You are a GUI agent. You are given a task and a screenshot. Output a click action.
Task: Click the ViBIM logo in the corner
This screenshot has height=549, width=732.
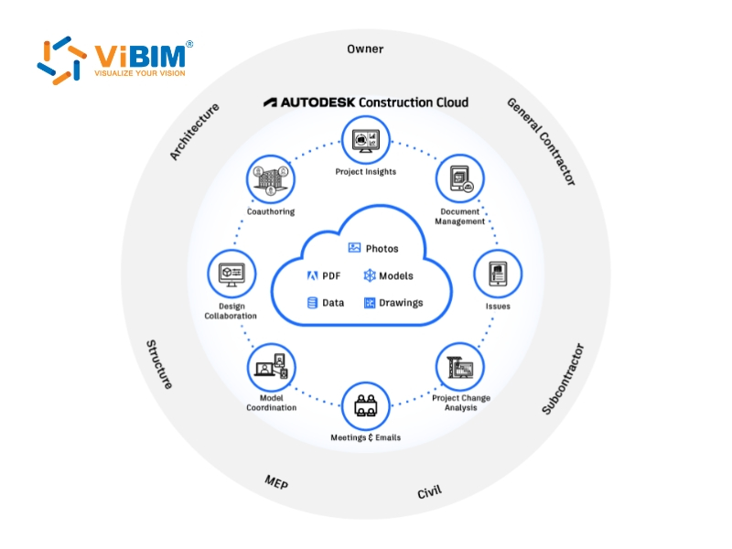point(114,60)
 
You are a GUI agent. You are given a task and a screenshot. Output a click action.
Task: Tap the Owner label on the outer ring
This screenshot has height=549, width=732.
point(365,48)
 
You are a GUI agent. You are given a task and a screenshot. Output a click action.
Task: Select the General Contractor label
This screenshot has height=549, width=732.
point(542,142)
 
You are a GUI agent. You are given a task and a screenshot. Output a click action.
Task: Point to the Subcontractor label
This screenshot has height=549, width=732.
point(562,379)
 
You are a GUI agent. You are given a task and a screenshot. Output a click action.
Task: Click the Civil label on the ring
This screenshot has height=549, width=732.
point(429,492)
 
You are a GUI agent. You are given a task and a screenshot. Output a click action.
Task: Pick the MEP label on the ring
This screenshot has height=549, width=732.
point(276,482)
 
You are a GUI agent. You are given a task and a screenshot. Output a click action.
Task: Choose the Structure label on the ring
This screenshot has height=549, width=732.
point(159,364)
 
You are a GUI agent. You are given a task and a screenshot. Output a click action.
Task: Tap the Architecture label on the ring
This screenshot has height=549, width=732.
point(195,132)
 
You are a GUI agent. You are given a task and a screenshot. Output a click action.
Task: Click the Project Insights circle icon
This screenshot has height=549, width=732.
point(366,140)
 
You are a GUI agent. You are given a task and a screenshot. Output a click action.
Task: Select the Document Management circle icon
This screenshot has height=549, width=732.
point(460,178)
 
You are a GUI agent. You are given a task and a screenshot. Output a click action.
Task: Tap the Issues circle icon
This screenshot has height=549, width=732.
point(498,274)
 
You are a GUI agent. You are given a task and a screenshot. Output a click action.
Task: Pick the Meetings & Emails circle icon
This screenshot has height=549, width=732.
point(366,405)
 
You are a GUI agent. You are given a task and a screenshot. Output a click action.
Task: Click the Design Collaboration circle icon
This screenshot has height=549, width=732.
point(231,274)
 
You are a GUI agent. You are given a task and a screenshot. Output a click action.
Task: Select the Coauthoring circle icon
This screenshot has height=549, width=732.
point(271,178)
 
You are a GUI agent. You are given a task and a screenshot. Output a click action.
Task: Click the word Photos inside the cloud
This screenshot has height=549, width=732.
point(382,249)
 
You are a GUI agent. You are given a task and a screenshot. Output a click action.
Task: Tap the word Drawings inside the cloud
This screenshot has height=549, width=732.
point(401,303)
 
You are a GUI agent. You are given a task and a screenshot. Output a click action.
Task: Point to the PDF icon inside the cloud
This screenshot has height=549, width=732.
point(312,275)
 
